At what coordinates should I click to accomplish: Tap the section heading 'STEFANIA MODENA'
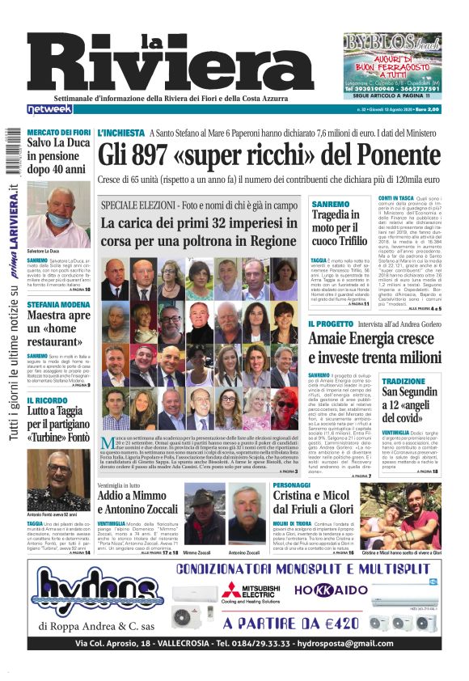point(57,305)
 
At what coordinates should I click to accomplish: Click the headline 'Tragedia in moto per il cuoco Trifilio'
point(340,227)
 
